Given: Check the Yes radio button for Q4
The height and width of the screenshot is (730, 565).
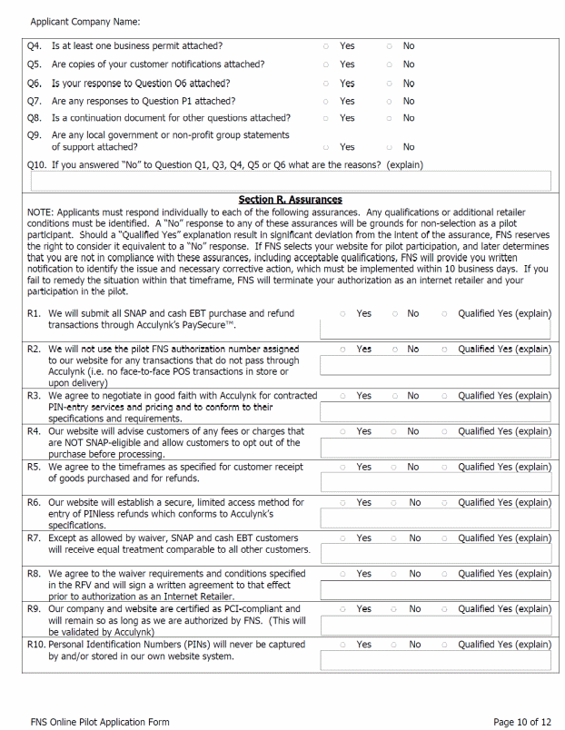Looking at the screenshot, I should click(326, 46).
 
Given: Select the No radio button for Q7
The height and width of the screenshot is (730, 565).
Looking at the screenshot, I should click(389, 102).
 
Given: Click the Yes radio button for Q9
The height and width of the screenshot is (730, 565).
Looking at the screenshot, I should click(326, 147).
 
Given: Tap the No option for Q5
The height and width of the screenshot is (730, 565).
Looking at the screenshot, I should click(389, 64).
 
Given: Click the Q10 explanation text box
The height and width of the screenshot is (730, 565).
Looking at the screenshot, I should click(289, 181).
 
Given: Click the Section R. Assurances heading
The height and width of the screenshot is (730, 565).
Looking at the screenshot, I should click(290, 200).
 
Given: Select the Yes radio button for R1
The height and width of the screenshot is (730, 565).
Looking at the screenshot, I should click(342, 314).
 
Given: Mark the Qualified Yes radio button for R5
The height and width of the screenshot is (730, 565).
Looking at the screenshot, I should click(444, 467).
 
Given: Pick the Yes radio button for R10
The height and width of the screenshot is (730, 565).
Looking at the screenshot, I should click(342, 645).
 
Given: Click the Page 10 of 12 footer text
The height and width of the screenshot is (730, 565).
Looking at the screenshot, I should click(521, 722).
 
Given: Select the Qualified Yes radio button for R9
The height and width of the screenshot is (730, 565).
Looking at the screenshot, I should click(444, 609).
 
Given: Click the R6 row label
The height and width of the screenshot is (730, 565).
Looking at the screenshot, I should click(34, 502).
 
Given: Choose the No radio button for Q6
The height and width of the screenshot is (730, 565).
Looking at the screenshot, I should click(389, 84).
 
